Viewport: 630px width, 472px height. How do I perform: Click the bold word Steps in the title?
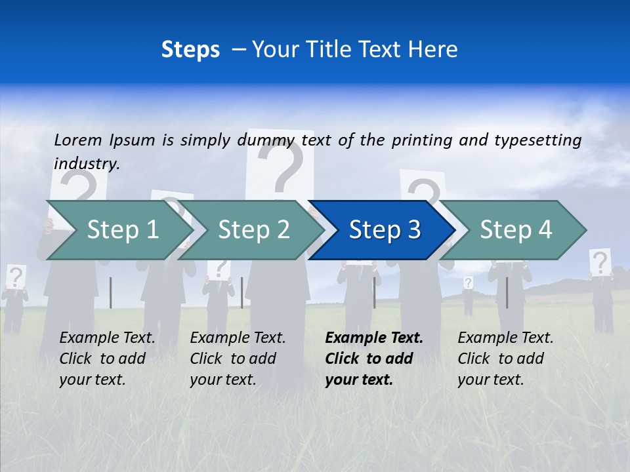coord(190,49)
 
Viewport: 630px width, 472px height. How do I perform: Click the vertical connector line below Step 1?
coord(110,292)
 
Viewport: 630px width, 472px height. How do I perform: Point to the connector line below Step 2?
coord(242,292)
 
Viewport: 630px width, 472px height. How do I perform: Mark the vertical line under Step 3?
coord(374,292)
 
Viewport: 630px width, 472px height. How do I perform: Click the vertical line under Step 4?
coord(507,292)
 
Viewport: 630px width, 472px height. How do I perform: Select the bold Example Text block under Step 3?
coord(373,359)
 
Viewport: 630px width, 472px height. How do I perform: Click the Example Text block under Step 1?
coord(107,359)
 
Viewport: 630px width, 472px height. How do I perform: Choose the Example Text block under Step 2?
coord(238,359)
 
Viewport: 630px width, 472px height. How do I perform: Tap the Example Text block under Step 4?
coord(505,359)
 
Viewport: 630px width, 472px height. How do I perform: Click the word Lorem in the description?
coord(78,140)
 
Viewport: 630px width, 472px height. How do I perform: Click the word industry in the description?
coord(86,164)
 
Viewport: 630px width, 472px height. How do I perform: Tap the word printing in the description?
coord(417,140)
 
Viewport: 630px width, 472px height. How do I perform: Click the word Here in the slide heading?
coord(434,49)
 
